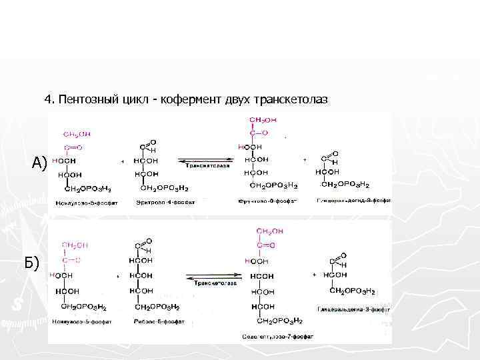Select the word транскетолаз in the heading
(x=296, y=99)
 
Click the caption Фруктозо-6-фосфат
(x=267, y=201)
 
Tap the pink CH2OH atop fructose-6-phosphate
(x=260, y=120)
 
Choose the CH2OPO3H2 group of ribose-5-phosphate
(x=157, y=307)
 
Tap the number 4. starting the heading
(x=49, y=99)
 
